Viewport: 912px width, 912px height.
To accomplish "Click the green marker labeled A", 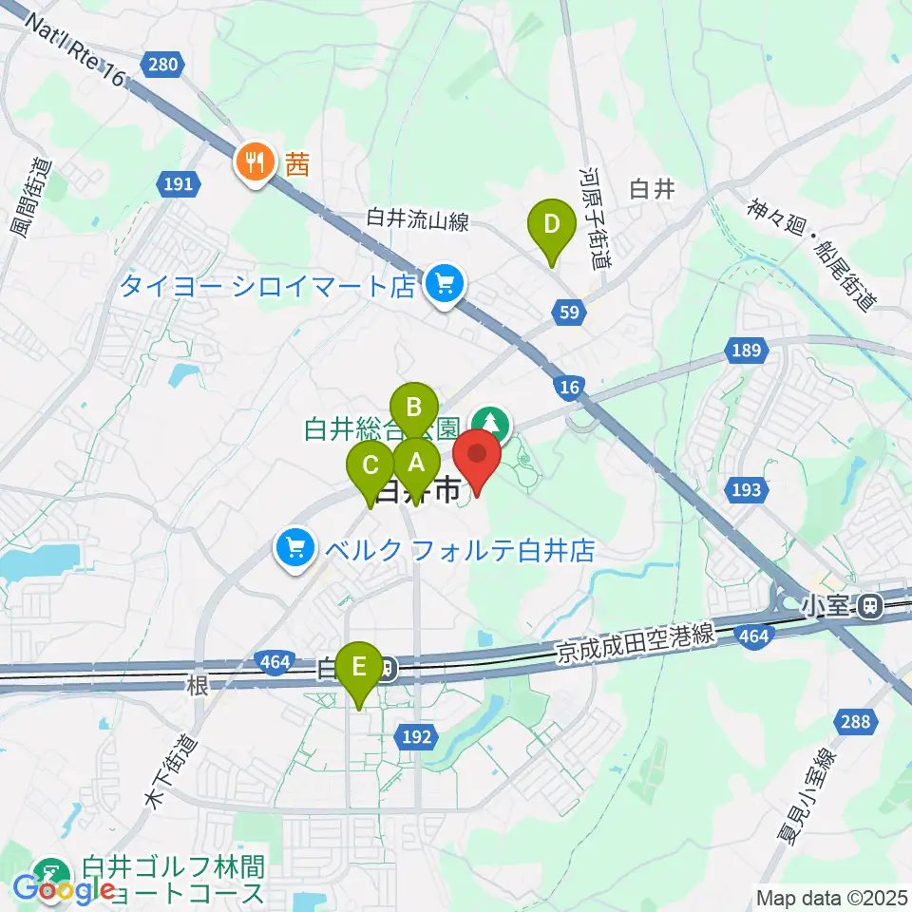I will [x=416, y=464].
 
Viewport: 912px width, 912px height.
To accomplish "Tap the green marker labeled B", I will [x=413, y=408].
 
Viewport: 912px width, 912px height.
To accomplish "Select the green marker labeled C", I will [x=371, y=466].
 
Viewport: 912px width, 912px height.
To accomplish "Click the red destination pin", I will [x=478, y=457].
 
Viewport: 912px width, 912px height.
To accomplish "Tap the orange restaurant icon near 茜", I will [x=254, y=162].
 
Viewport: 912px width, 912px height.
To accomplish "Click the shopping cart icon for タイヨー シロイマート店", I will [x=443, y=284].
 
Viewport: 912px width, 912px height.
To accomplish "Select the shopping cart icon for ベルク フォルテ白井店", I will [x=294, y=548].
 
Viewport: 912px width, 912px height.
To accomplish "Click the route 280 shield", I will [x=162, y=65].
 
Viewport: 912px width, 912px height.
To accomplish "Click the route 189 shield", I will [x=747, y=351].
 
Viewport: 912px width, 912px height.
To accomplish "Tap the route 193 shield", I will [x=747, y=489].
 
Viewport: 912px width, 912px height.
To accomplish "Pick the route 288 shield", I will [x=855, y=722].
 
